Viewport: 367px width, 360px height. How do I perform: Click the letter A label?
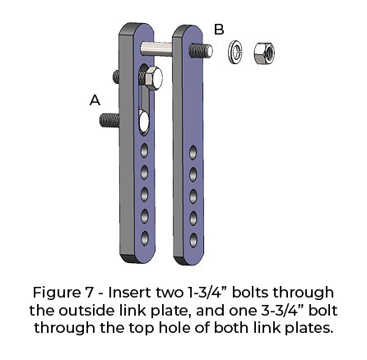click(x=95, y=100)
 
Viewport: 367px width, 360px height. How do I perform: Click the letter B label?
click(x=219, y=30)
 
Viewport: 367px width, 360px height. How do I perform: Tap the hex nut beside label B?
click(x=264, y=53)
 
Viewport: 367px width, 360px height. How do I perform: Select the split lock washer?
click(x=235, y=53)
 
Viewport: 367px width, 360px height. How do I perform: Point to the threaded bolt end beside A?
click(x=109, y=121)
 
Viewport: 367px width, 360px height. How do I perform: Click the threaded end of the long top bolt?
click(x=201, y=50)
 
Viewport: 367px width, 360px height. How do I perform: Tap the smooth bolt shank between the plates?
click(x=156, y=49)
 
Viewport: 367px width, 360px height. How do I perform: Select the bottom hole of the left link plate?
click(x=145, y=238)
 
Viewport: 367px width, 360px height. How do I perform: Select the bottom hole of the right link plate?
click(x=193, y=240)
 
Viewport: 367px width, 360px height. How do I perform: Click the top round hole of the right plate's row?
click(x=193, y=152)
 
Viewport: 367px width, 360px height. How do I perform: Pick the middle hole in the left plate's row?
click(x=145, y=194)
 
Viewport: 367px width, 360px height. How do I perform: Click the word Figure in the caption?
click(x=56, y=293)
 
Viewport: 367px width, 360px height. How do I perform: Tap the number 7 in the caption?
click(x=87, y=293)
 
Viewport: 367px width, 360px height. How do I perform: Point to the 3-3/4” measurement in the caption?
click(x=282, y=311)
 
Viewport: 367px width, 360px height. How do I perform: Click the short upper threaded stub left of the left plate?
click(x=116, y=76)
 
